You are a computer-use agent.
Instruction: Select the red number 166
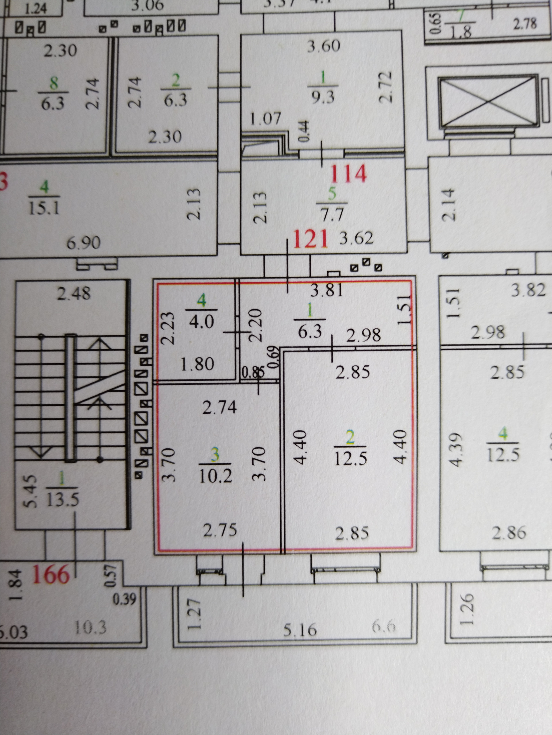[x=51, y=575]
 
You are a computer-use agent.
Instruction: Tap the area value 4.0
[x=201, y=321]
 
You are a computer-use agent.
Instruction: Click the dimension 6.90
[x=83, y=243]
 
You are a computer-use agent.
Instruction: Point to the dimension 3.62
[x=356, y=238]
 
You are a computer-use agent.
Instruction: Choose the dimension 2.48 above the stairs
[x=73, y=294]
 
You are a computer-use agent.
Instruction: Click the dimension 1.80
[x=197, y=365]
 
